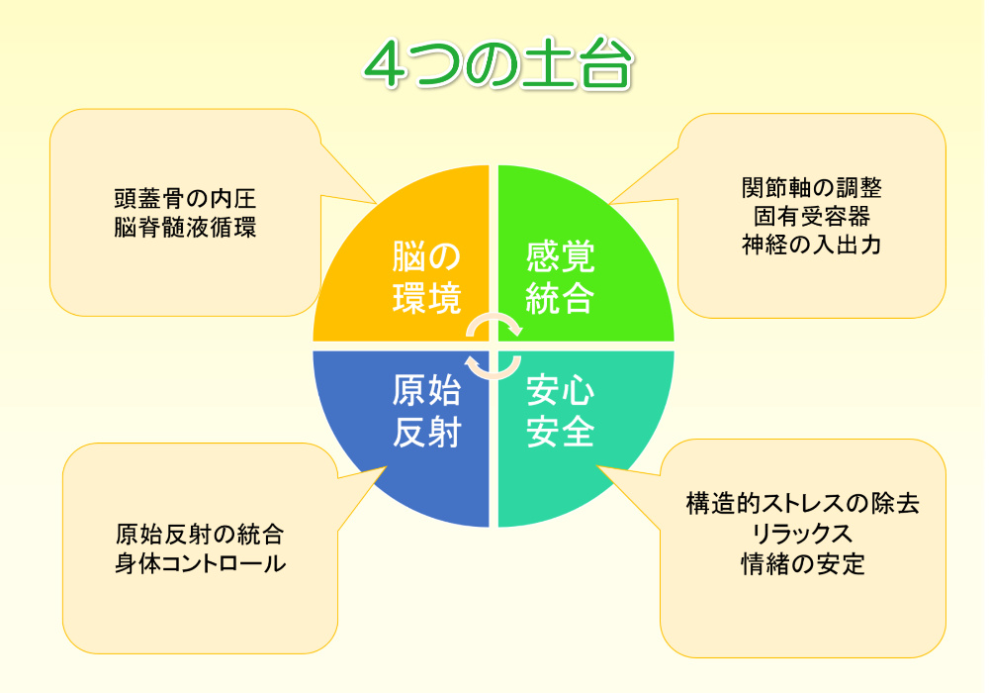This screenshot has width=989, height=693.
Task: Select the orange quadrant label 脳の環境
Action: tap(427, 278)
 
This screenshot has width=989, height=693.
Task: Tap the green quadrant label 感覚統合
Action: tap(560, 278)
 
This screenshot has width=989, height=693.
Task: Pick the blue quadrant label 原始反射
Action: tap(427, 412)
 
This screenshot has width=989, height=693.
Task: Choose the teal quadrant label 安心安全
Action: tap(560, 412)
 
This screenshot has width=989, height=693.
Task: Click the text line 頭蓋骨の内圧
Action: tap(186, 199)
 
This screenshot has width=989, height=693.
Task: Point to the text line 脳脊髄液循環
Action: tap(186, 228)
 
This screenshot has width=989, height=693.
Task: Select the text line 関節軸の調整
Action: tap(812, 187)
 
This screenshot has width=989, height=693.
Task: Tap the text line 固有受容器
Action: tap(812, 217)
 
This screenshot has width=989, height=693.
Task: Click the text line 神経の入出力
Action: tap(812, 245)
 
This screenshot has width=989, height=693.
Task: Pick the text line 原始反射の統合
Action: tap(200, 535)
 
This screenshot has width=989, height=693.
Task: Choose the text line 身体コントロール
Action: tap(200, 563)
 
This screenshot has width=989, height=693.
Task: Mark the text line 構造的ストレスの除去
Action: tap(803, 503)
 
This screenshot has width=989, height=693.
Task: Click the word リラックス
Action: tap(803, 534)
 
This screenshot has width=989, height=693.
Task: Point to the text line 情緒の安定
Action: tap(803, 563)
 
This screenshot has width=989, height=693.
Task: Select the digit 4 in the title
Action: tap(386, 65)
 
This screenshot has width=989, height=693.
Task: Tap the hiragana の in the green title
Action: tap(491, 65)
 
